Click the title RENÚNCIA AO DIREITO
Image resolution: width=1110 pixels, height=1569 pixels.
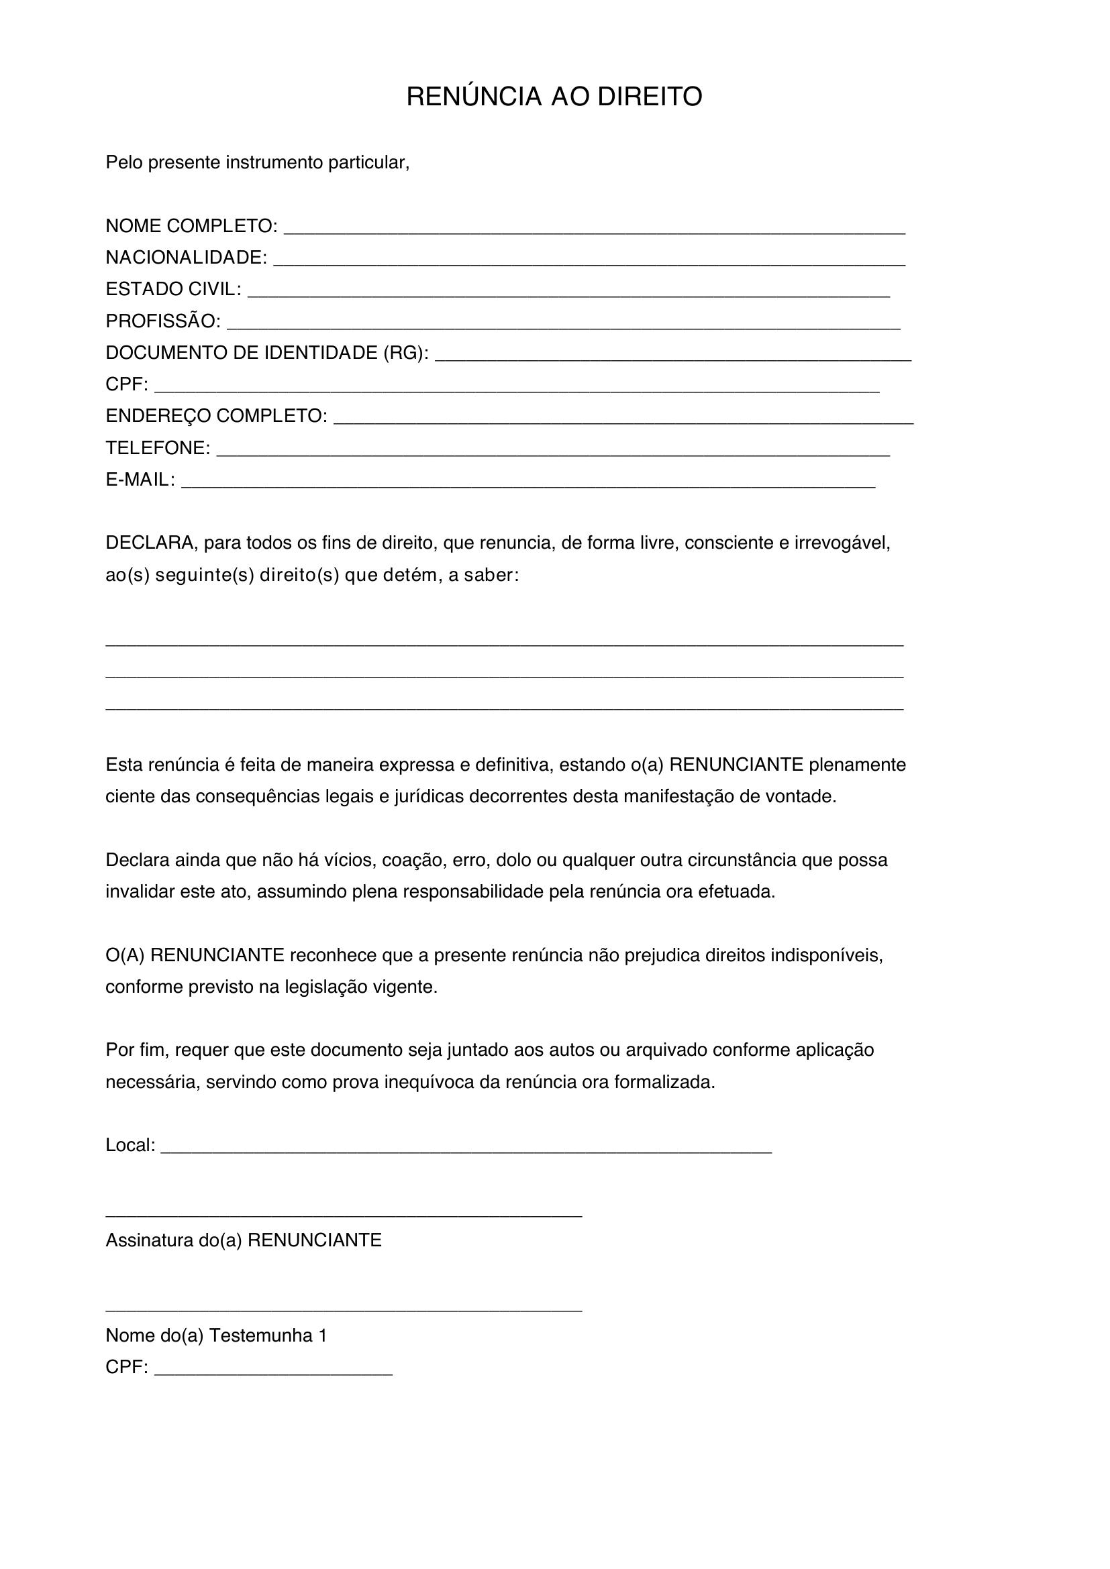click(554, 97)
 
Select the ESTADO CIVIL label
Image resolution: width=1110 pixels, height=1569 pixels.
click(173, 289)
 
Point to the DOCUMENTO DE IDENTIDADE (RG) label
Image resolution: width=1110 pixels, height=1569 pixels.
click(267, 353)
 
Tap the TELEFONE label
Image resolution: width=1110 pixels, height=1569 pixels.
click(158, 448)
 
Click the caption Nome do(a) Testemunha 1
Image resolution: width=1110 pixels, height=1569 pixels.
click(216, 1336)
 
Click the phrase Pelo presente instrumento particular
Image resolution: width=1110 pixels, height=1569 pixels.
click(257, 162)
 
